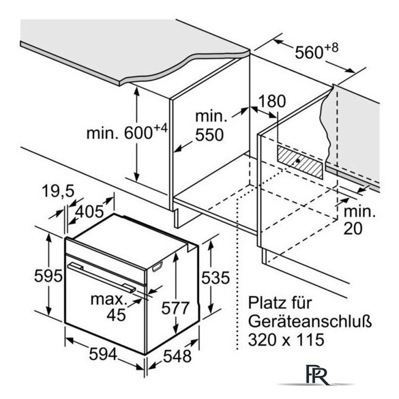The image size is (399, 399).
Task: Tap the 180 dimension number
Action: (272, 101)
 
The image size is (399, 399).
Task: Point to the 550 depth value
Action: (209, 134)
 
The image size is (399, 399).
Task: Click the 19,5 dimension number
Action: (58, 191)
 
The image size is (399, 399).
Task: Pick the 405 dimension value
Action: (89, 211)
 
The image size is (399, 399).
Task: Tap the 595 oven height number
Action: (48, 276)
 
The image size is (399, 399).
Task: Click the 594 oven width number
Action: (103, 354)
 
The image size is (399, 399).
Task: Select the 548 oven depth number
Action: (177, 356)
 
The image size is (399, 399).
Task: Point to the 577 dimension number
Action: (175, 308)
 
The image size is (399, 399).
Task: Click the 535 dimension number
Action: (216, 278)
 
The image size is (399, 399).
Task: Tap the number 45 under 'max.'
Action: (116, 315)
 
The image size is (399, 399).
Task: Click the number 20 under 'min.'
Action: (353, 228)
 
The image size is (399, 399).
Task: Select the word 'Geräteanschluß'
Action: (310, 321)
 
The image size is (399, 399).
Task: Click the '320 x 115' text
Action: (286, 340)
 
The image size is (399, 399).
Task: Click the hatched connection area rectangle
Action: (300, 162)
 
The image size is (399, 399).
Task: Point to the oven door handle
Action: (102, 278)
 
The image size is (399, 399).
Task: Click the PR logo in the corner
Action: (317, 374)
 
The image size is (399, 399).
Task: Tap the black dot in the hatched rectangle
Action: (297, 161)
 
